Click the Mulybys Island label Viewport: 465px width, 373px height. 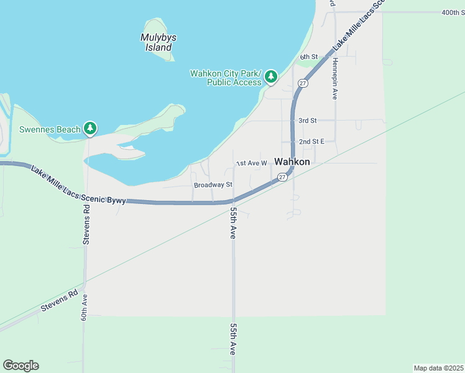tap(159, 42)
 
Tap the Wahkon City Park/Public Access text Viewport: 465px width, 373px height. tap(226, 78)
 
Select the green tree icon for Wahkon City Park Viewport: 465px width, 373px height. tap(270, 77)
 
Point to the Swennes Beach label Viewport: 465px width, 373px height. tap(50, 129)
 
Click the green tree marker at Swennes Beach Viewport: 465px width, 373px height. tap(91, 129)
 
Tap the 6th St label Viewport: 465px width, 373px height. tap(308, 57)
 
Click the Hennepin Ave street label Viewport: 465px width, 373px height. tap(334, 78)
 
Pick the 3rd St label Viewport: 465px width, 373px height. tap(307, 120)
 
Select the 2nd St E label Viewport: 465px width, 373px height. tap(312, 142)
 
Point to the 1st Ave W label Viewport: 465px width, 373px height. tap(251, 163)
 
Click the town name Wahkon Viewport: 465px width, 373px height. tap(292, 162)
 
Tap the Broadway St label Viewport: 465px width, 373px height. tap(213, 185)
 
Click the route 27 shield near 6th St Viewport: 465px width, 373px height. tap(302, 83)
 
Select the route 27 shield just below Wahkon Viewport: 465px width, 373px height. tap(282, 177)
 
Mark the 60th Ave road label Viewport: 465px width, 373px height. tap(84, 308)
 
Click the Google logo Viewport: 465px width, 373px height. tap(21, 366)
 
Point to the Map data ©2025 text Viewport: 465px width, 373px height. tap(438, 367)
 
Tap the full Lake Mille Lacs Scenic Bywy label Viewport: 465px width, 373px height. tap(78, 186)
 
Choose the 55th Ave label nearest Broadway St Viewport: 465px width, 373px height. tap(233, 223)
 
